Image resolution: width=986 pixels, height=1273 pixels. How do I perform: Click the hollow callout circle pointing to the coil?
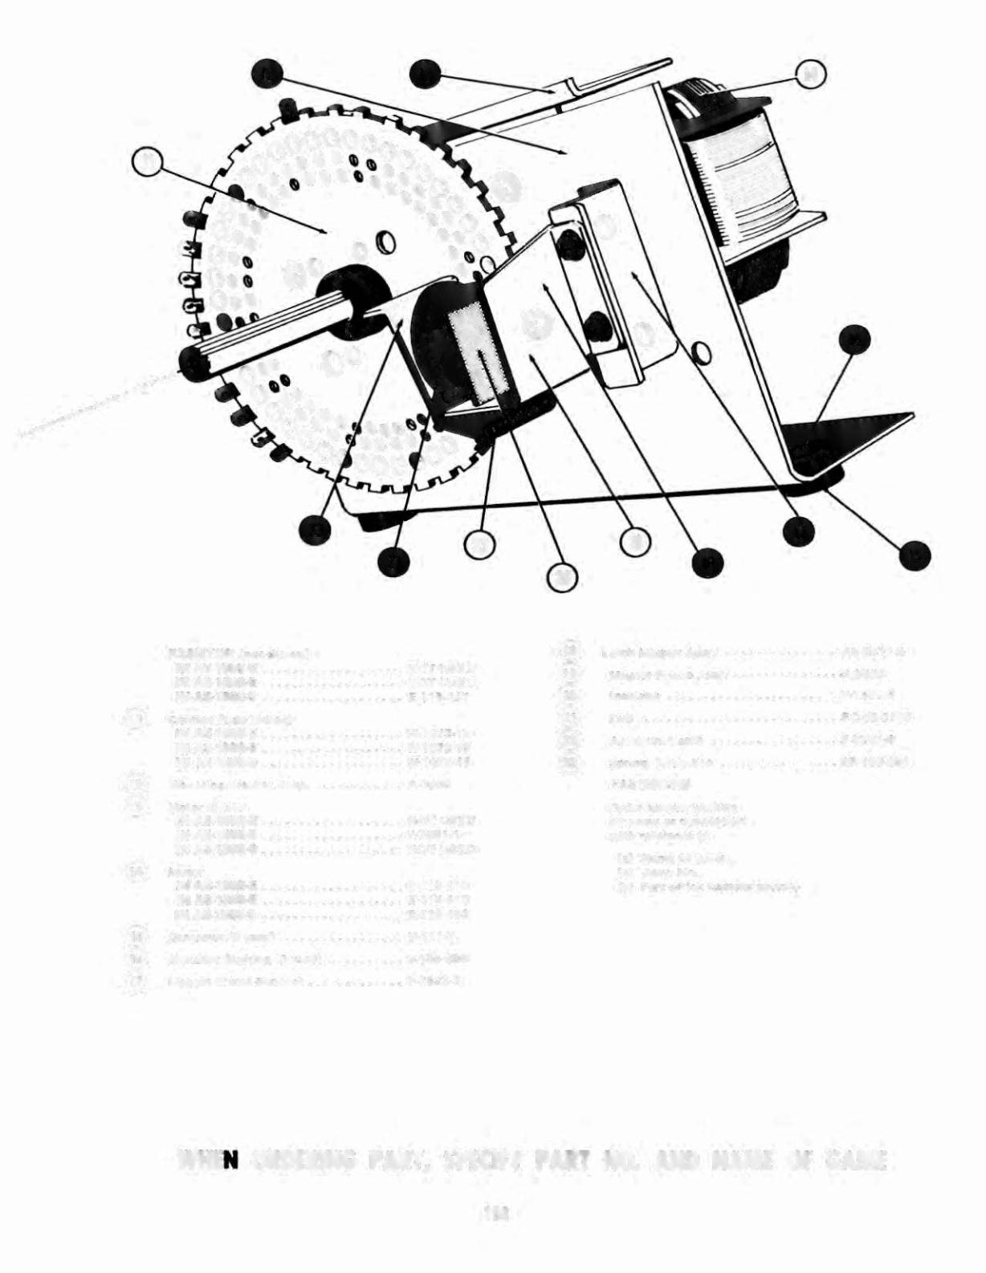811,75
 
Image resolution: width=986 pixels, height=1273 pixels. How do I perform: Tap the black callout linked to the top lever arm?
422,74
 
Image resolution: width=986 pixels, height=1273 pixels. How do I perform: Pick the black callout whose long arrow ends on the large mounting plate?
265,74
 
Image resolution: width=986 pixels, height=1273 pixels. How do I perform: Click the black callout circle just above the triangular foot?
852,340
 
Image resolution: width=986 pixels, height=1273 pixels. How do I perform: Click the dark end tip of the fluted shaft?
193,362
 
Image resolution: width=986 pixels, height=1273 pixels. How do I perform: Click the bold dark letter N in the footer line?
230,1161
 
